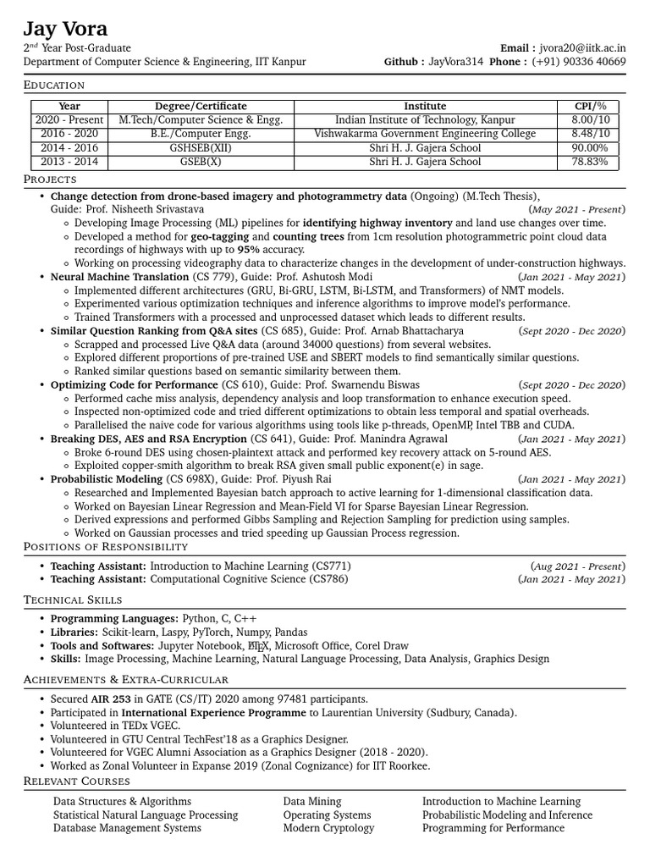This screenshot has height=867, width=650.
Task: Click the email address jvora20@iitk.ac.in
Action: (x=583, y=49)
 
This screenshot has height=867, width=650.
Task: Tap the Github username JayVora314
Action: (x=455, y=63)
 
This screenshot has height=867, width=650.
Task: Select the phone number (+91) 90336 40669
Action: (x=579, y=63)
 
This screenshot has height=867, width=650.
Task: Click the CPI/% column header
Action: (x=590, y=106)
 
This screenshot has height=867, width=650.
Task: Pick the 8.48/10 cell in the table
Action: (x=590, y=134)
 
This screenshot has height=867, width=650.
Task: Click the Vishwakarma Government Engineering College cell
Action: (x=425, y=134)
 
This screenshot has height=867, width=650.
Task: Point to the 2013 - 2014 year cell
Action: (x=69, y=161)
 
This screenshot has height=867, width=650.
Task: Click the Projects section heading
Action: (x=50, y=179)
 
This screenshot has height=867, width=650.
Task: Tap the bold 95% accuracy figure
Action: (x=248, y=251)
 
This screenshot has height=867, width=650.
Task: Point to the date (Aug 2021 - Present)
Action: (x=578, y=566)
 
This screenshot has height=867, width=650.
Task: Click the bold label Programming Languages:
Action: (x=114, y=619)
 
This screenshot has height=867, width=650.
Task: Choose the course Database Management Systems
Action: (x=127, y=828)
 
